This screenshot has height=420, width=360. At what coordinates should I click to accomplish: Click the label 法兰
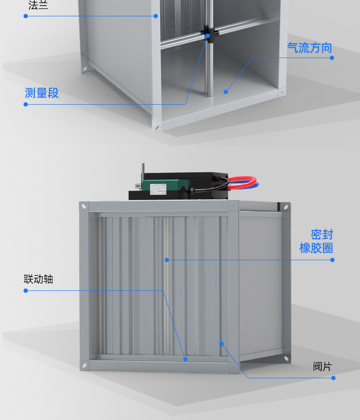[x=38, y=6]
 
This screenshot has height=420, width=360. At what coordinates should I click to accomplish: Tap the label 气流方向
[x=309, y=48]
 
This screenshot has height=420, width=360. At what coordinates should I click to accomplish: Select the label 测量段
[x=42, y=93]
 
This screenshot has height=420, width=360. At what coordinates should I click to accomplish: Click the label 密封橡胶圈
[x=316, y=241]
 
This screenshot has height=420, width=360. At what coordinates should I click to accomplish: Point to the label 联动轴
[x=38, y=279]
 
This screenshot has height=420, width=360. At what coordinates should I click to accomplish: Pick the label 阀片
[x=322, y=367]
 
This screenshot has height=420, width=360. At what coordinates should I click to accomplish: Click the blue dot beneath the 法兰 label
[x=26, y=16]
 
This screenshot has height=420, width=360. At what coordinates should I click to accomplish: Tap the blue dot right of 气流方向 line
[x=332, y=58]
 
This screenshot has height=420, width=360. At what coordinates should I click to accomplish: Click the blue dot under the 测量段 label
[x=26, y=104]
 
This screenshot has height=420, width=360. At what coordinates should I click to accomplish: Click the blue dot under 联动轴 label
[x=26, y=290]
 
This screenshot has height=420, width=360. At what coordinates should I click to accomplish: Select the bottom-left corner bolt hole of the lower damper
[x=85, y=366]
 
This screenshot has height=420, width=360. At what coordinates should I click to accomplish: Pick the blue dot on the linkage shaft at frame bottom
[x=185, y=359]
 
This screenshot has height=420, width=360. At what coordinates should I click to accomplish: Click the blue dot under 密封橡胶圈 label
[x=332, y=260]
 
